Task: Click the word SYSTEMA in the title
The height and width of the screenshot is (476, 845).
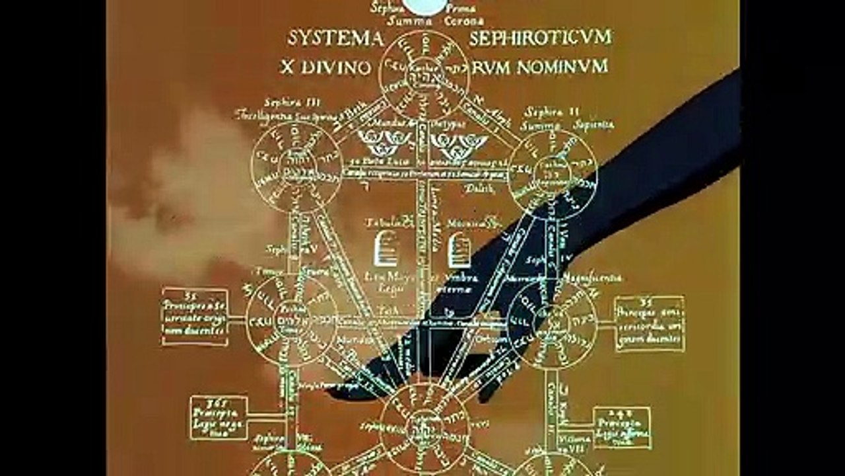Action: point(335,38)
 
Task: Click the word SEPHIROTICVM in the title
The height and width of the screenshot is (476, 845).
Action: point(540,38)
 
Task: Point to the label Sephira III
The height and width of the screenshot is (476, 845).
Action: point(283,102)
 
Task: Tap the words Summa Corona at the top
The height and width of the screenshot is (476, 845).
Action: point(427,21)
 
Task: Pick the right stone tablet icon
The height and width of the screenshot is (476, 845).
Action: point(459,252)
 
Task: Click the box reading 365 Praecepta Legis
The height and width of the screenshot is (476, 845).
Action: point(219,418)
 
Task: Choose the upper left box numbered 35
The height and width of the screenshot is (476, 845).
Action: point(195,316)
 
